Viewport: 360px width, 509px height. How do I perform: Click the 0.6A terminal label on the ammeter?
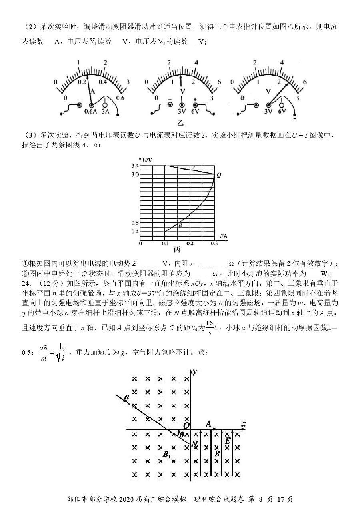pyautogui.click(x=91, y=112)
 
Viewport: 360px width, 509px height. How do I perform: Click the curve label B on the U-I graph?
pyautogui.click(x=180, y=226)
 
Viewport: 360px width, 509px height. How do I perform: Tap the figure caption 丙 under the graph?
pyautogui.click(x=177, y=250)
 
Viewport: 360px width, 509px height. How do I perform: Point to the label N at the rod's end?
pyautogui.click(x=195, y=443)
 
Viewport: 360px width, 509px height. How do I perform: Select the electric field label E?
pyautogui.click(x=228, y=441)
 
